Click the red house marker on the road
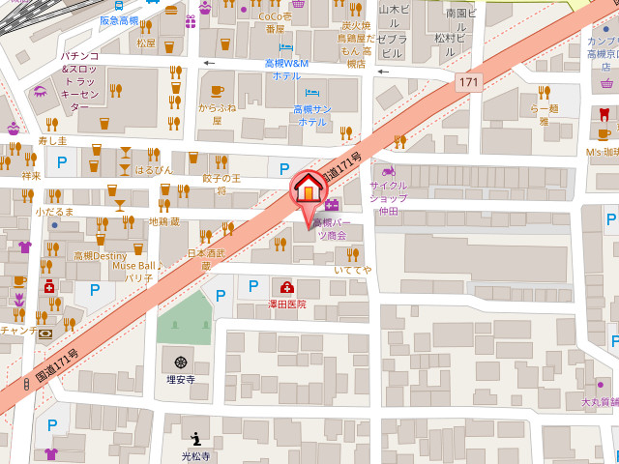[309, 186]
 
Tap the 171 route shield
[469, 83]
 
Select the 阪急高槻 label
[120, 19]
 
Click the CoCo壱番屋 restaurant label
[275, 23]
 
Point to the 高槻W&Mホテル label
[286, 69]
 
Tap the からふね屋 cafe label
[218, 113]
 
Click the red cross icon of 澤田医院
[287, 287]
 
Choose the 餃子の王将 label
[221, 184]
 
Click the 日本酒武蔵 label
[206, 258]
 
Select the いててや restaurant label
[352, 269]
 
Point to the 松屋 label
[146, 43]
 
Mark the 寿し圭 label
[52, 141]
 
